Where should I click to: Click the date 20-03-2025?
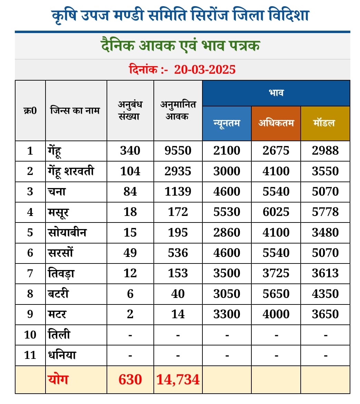tap(205, 70)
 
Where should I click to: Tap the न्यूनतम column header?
tap(227, 123)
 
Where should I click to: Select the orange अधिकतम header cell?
tap(276, 123)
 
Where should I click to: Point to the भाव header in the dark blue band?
tap(276, 93)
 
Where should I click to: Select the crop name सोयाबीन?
tap(67, 232)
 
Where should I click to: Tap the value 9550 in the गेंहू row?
tap(178, 151)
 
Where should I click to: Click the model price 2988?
tap(325, 151)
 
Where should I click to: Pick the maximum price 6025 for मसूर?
tap(276, 212)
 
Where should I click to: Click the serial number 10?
tap(30, 335)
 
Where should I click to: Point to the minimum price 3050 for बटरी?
tap(227, 294)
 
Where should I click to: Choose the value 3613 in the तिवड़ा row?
tap(325, 273)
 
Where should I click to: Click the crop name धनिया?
tap(62, 355)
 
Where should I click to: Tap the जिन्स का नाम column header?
tap(75, 111)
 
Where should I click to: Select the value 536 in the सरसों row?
tap(178, 253)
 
